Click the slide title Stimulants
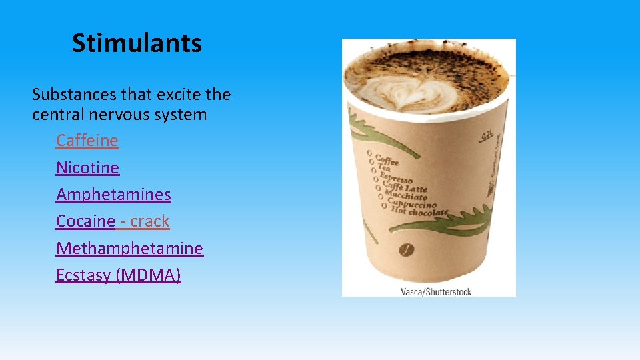[137, 43]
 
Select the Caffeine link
[87, 141]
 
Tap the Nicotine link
[87, 167]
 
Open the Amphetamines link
[113, 195]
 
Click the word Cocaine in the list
[85, 221]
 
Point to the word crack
[150, 221]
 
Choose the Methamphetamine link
[129, 248]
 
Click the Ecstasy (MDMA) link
[118, 275]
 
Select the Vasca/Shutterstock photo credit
[435, 291]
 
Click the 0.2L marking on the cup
[487, 137]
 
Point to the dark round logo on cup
[405, 250]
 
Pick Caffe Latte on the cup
[404, 186]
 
